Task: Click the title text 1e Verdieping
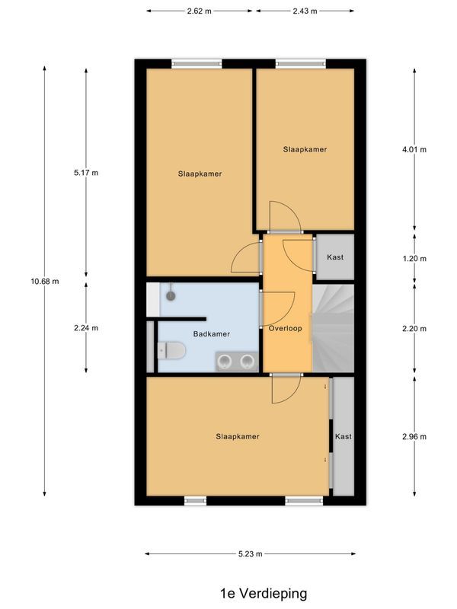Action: (x=263, y=592)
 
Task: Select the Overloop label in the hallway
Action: (x=286, y=328)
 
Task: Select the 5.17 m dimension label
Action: (x=86, y=173)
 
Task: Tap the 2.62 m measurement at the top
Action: (x=200, y=11)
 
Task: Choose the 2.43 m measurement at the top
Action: (x=305, y=11)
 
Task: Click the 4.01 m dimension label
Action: (x=414, y=149)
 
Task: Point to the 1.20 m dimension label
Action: (x=414, y=259)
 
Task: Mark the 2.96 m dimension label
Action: (x=414, y=436)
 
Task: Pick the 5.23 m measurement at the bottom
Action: (x=251, y=554)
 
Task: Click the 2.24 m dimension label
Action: (x=86, y=328)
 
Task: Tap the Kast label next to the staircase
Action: (x=335, y=257)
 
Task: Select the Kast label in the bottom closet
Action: (x=343, y=437)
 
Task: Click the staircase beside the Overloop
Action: (x=334, y=327)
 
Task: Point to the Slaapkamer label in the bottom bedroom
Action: (x=238, y=437)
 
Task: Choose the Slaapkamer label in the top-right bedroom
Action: (x=305, y=149)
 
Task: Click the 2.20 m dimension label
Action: (x=414, y=328)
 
